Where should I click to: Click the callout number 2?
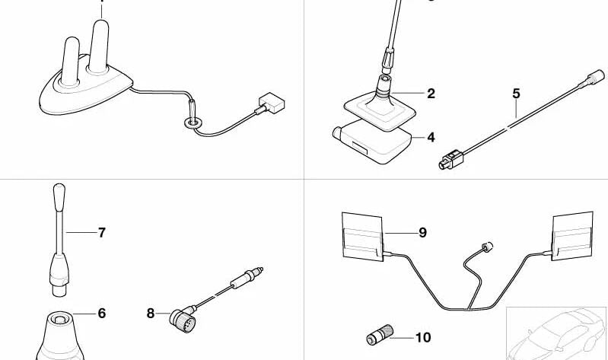pyautogui.click(x=431, y=94)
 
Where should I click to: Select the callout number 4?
pyautogui.click(x=431, y=137)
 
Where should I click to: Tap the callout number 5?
pyautogui.click(x=516, y=94)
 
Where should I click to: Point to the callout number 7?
pyautogui.click(x=102, y=233)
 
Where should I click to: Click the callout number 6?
pyautogui.click(x=102, y=314)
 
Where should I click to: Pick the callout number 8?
pyautogui.click(x=151, y=314)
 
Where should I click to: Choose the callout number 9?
pyautogui.click(x=422, y=233)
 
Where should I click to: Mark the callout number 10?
pyautogui.click(x=423, y=337)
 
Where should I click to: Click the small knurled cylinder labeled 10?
pyautogui.click(x=380, y=335)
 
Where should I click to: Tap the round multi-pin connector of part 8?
pyautogui.click(x=182, y=320)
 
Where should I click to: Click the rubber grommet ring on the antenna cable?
pyautogui.click(x=193, y=123)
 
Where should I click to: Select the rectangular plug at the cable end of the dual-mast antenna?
pyautogui.click(x=272, y=104)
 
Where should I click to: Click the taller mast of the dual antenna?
pyautogui.click(x=99, y=46)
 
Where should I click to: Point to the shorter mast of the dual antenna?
pyautogui.click(x=71, y=62)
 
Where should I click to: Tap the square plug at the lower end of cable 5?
pyautogui.click(x=451, y=161)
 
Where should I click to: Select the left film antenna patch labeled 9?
pyautogui.click(x=362, y=236)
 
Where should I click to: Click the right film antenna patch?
pyautogui.click(x=573, y=236)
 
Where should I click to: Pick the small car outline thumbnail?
pyautogui.click(x=556, y=334)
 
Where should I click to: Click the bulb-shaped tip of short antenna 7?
pyautogui.click(x=59, y=197)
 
